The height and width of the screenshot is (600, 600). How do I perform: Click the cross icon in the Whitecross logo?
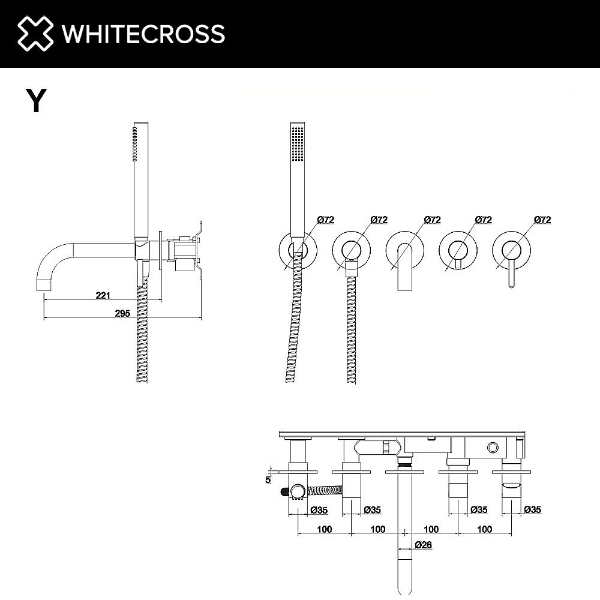(34, 34)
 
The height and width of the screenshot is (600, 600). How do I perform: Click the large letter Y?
(36, 100)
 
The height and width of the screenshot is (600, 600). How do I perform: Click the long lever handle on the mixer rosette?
(512, 273)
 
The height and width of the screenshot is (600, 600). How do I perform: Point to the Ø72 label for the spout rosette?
(432, 220)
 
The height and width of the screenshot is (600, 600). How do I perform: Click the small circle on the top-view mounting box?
(493, 447)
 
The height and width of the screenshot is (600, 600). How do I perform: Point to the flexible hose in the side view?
(142, 336)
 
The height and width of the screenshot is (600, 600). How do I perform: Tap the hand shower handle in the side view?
(140, 180)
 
